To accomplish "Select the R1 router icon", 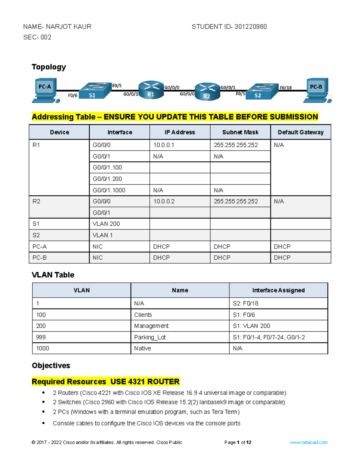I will [151, 90].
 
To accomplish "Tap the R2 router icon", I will [207, 92].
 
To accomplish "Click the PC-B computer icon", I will [317, 90].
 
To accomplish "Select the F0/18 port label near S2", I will [285, 88].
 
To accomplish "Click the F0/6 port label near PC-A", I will [73, 95].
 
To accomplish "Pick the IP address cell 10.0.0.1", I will [164, 145].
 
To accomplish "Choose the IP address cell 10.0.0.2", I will [164, 201].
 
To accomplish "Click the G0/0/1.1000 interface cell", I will [109, 190].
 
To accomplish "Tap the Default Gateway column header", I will [301, 132].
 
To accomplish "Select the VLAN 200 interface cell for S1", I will [106, 224].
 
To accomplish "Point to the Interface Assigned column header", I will [278, 290].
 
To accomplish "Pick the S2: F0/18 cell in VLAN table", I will [245, 303].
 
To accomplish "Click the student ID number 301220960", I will [250, 27].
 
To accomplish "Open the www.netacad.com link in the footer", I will [308, 442].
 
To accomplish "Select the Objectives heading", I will [51, 365].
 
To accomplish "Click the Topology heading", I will [49, 67].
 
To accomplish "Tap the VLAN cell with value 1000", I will [43, 348].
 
